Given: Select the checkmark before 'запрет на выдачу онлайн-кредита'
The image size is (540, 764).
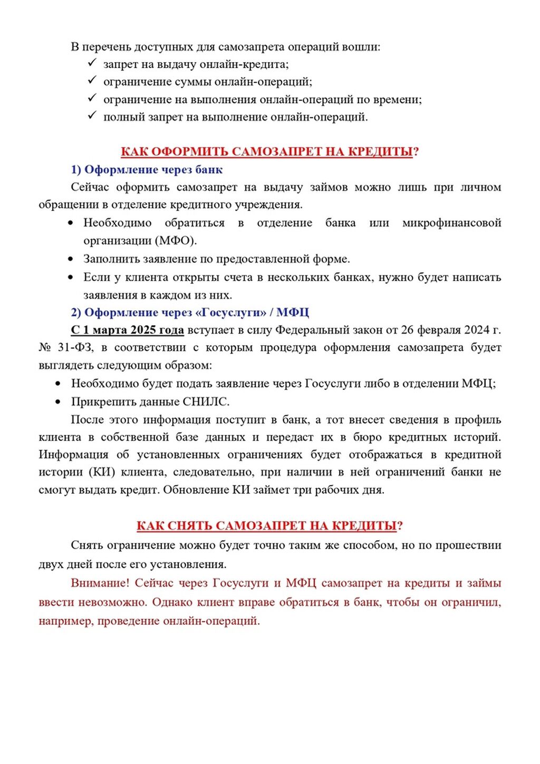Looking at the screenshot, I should click(x=92, y=63).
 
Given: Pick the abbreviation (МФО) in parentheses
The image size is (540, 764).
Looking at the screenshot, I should click(x=176, y=241).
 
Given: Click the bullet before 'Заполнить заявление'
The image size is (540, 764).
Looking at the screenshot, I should click(x=71, y=259).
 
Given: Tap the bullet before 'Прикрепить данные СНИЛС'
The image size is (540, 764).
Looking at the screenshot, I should click(x=59, y=402).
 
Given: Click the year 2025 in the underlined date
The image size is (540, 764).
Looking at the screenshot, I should click(x=143, y=330).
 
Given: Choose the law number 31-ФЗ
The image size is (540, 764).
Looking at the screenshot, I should click(x=75, y=348).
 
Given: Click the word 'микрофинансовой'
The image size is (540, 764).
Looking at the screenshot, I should click(x=451, y=223).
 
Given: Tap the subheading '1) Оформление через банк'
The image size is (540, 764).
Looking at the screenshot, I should click(x=147, y=170).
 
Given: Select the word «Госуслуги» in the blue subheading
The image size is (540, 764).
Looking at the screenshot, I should click(x=230, y=313).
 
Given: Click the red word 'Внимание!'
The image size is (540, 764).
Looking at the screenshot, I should click(x=100, y=584).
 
